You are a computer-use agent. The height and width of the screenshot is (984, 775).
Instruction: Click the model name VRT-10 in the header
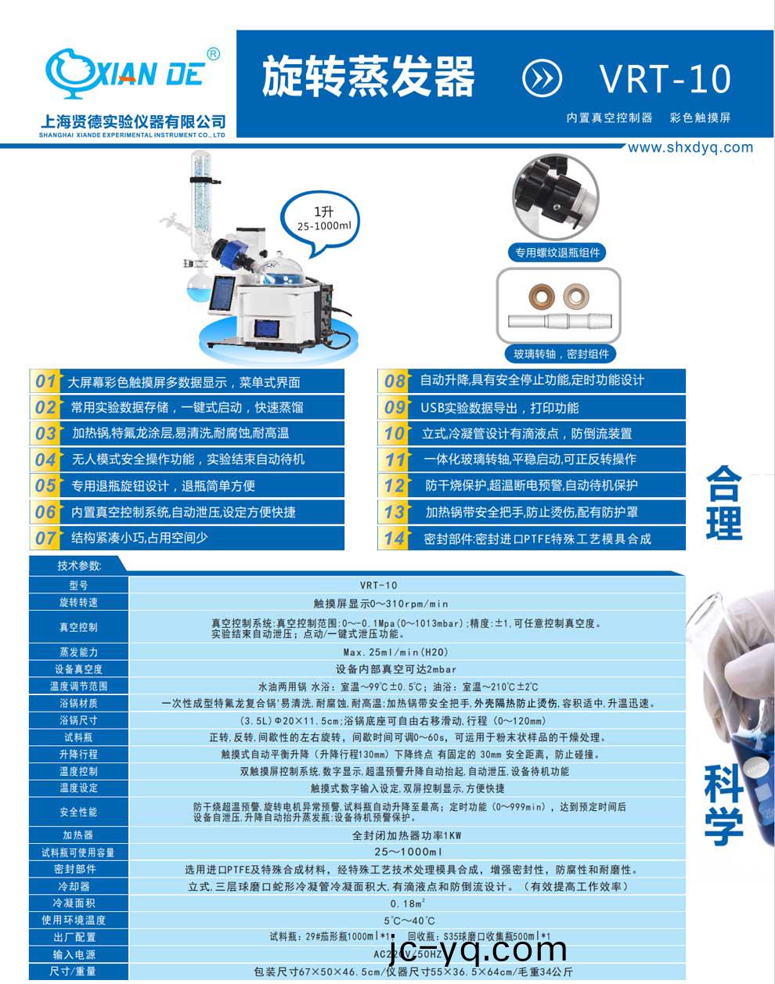[665, 78]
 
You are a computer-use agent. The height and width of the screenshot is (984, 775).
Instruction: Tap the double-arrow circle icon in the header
[542, 78]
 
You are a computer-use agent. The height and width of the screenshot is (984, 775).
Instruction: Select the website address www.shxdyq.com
[690, 147]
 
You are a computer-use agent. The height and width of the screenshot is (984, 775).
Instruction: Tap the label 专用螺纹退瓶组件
[557, 252]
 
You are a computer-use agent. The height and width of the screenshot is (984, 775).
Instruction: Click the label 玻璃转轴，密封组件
[561, 354]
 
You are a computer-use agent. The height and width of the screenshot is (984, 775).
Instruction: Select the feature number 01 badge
[45, 381]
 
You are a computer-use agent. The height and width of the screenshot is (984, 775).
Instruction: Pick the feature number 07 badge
[45, 538]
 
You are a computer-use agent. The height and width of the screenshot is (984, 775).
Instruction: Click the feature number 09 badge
[394, 407]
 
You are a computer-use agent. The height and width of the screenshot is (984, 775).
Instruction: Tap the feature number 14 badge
[394, 538]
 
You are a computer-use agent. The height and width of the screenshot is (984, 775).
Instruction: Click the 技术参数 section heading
[78, 565]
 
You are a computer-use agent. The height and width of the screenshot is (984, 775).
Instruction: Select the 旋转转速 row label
[78, 603]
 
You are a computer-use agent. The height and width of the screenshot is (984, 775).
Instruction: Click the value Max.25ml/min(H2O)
[406, 652]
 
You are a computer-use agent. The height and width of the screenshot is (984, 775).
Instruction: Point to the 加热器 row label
[78, 835]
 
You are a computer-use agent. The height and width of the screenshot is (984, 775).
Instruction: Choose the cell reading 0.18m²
[406, 903]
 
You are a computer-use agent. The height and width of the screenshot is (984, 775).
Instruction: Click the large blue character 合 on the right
[723, 483]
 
